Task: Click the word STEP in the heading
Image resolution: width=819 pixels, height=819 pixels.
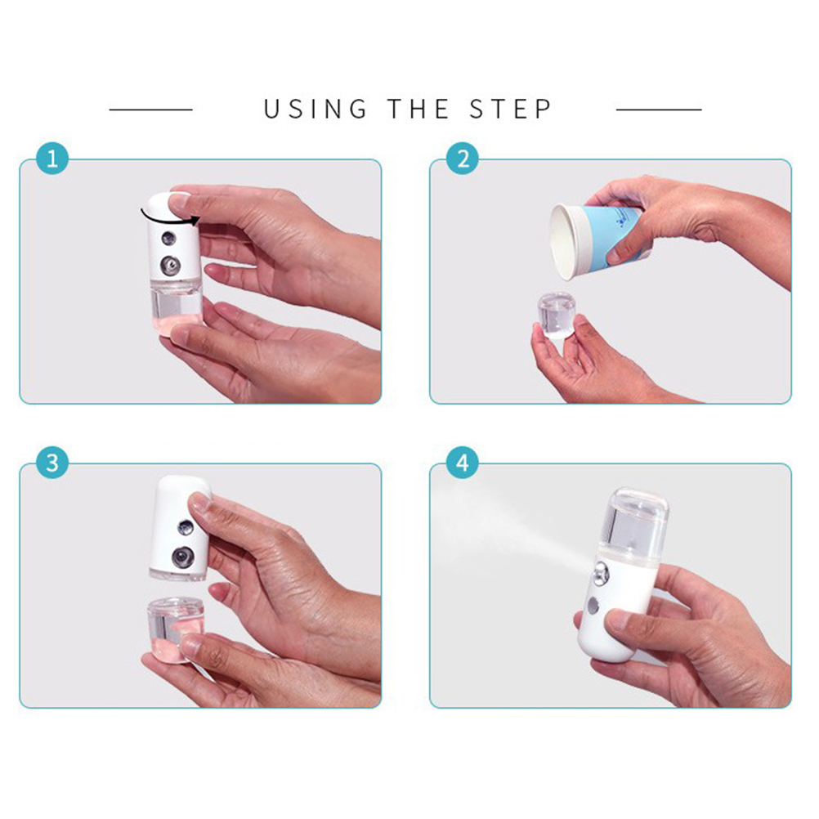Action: pos(510,110)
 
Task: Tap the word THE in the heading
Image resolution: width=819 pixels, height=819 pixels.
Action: pos(418,110)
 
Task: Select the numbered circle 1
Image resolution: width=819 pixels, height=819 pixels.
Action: pos(52,159)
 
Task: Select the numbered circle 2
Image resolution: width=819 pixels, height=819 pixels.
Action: pos(463,159)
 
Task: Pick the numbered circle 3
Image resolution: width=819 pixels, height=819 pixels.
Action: pos(52,463)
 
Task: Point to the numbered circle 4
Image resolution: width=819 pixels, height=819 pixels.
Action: pos(463,463)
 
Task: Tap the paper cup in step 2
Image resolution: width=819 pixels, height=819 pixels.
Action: pos(595,240)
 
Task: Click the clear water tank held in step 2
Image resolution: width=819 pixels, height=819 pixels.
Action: pos(557,315)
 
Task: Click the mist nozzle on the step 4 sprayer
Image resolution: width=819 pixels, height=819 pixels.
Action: pos(600,573)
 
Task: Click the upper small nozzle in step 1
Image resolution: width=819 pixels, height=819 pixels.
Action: pos(168,239)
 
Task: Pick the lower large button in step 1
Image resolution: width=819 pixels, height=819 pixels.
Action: pos(170,266)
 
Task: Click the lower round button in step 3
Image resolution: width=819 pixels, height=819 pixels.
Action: pos(182,557)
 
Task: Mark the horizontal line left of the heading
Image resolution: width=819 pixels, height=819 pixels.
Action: pos(151,110)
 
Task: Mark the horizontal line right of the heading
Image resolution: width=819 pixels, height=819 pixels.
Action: pos(659,110)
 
